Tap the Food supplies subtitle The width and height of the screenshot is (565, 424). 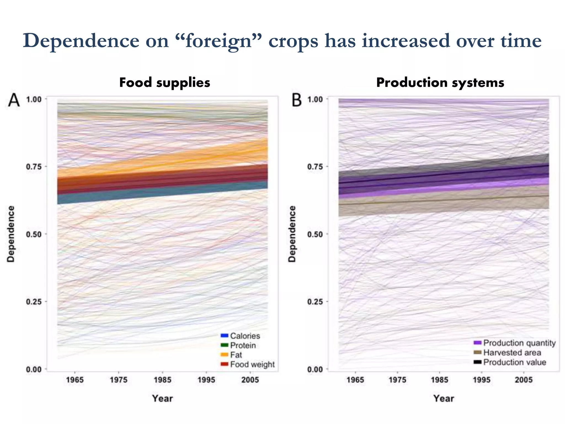(x=165, y=83)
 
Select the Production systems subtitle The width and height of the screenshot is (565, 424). (x=440, y=83)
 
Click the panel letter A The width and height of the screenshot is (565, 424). (x=14, y=100)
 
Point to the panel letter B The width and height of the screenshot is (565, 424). (x=297, y=100)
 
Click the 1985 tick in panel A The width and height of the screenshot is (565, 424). (x=162, y=380)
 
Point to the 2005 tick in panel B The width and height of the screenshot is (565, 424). (x=524, y=380)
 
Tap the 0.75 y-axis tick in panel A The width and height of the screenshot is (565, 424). (x=34, y=167)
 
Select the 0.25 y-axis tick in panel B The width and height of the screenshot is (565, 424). (x=315, y=302)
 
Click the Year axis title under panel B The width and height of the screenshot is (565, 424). (x=444, y=398)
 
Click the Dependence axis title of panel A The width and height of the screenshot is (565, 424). (x=11, y=234)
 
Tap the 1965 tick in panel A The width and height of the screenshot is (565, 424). (x=75, y=380)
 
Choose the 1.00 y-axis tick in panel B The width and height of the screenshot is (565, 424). (x=315, y=99)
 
